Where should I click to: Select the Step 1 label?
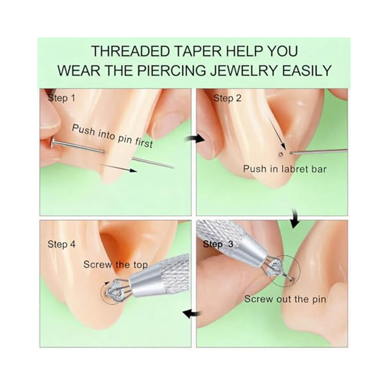[62, 98]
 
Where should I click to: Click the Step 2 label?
[227, 98]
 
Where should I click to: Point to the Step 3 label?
[218, 244]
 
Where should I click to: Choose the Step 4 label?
[62, 244]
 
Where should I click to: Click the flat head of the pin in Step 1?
[53, 143]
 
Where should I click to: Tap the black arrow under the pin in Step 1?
[118, 167]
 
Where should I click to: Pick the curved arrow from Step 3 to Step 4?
[192, 314]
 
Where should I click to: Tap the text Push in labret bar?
[285, 169]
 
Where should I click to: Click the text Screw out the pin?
[285, 299]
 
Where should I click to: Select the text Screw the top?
[116, 265]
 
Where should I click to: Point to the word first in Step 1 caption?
[143, 143]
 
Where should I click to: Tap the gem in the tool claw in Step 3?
[276, 266]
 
